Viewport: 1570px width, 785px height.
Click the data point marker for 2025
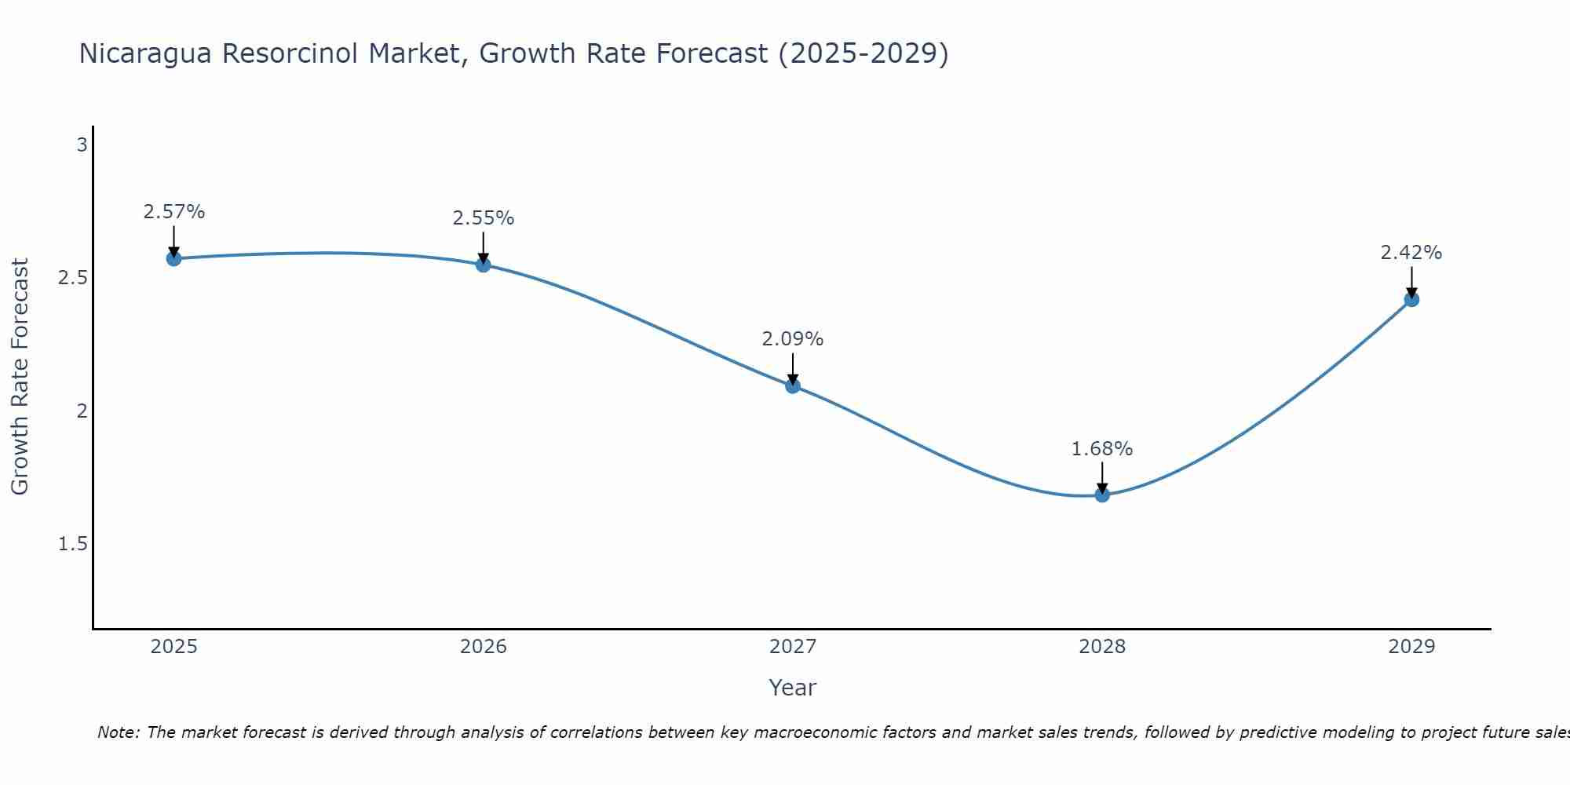(173, 258)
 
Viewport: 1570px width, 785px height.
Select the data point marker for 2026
(484, 265)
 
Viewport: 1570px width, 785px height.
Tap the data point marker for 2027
(793, 385)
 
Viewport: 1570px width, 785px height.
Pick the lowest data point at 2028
(1102, 495)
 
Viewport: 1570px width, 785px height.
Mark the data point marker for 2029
(1411, 299)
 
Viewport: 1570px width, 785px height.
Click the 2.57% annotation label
(173, 212)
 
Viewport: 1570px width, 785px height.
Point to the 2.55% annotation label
(484, 218)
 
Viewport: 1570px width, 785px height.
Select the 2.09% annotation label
(793, 339)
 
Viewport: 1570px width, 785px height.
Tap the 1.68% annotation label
(1102, 449)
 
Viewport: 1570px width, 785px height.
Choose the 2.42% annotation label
(1411, 253)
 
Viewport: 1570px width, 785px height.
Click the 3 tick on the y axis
(82, 145)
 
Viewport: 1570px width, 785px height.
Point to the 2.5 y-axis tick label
(73, 278)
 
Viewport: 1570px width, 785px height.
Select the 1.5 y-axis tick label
(73, 544)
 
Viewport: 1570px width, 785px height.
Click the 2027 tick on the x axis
(793, 647)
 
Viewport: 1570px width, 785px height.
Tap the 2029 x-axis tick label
(1411, 647)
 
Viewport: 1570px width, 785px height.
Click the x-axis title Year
(793, 688)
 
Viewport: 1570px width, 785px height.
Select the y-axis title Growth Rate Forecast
(20, 377)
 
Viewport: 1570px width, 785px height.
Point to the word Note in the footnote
(118, 732)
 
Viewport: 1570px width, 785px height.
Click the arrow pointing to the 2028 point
(1102, 477)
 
